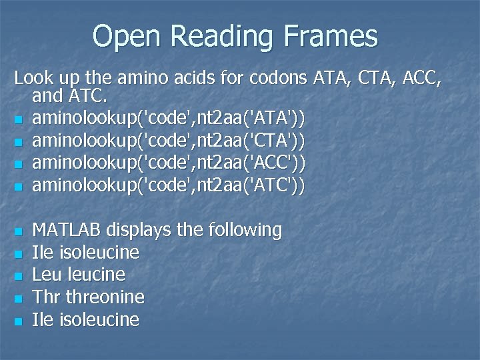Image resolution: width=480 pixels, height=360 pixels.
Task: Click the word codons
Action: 279,78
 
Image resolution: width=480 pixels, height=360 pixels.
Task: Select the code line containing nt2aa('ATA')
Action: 169,119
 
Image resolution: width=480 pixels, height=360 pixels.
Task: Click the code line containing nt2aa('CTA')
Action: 169,141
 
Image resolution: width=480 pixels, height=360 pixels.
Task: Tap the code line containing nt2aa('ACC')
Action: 169,163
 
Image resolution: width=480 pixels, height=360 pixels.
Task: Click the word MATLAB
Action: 67,231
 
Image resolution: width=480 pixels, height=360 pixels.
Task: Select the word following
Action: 245,231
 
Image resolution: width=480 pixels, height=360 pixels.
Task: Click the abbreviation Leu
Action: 46,275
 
